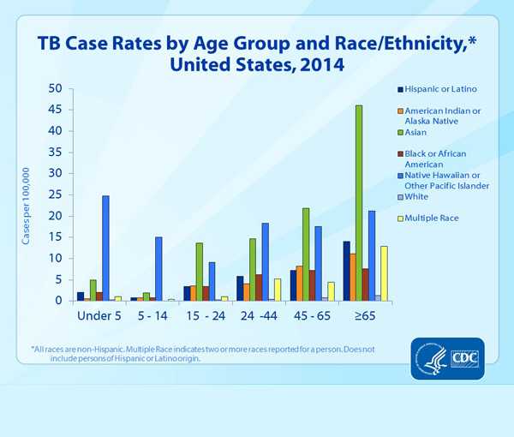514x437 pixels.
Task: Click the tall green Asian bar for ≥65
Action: (359, 203)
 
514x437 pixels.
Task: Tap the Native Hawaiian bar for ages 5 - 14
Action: (158, 269)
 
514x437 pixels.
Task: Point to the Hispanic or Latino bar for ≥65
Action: (346, 271)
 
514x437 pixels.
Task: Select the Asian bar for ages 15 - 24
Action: (199, 272)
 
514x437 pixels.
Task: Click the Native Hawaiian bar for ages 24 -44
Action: (266, 261)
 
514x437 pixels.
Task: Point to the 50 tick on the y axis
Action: (55, 88)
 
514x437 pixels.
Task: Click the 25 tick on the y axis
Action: (55, 195)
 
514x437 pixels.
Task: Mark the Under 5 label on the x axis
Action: (99, 316)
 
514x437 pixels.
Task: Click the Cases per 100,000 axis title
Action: (27, 195)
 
